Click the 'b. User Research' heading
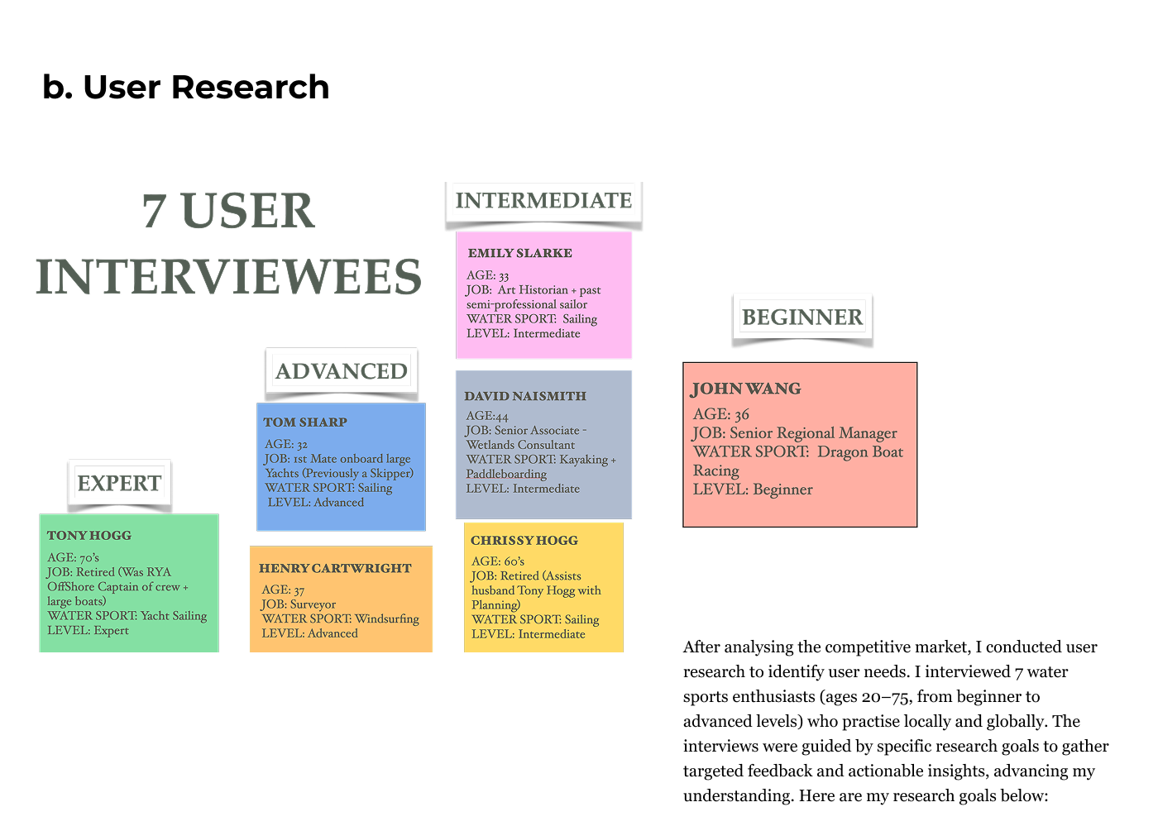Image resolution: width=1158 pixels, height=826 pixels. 185,87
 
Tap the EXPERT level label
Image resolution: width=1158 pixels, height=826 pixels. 119,483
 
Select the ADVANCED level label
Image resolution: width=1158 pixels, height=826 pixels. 341,371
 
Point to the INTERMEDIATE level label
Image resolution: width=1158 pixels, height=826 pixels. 543,201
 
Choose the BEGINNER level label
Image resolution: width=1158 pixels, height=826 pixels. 802,318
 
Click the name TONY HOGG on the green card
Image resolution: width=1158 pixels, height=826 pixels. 89,536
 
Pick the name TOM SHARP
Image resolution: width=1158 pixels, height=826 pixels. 305,423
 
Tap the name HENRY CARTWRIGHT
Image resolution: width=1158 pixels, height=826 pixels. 335,569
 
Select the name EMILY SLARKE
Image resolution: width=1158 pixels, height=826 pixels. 519,254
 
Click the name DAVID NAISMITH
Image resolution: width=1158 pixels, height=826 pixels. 525,397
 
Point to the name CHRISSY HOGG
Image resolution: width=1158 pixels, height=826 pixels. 524,541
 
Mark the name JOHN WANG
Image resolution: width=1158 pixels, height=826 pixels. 746,389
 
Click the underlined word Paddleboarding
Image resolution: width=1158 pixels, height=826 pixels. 506,475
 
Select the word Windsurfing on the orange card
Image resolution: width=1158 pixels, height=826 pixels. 387,618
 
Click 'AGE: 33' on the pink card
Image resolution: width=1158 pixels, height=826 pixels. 487,275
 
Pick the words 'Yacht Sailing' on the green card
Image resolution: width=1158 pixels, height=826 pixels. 174,616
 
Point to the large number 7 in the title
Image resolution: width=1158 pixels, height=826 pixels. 154,211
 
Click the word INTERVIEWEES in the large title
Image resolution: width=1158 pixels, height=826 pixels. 229,277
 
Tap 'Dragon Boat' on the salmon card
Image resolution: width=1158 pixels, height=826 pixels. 860,452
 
